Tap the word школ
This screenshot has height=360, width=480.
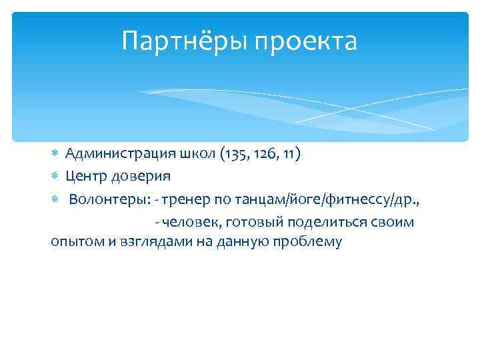tap(193, 155)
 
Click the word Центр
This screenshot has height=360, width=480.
tap(85, 177)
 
